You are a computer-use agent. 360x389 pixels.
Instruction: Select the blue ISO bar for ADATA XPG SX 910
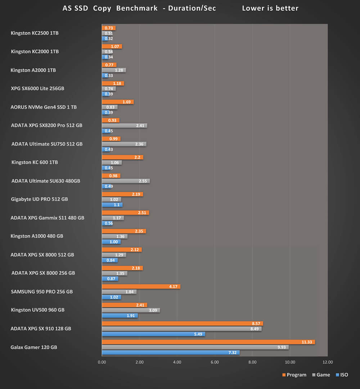pos(153,334)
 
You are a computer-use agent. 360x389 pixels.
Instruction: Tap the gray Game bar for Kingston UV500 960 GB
pos(131,310)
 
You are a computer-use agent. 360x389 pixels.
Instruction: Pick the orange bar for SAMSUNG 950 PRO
pos(141,287)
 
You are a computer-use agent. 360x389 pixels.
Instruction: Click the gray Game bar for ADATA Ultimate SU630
pos(126,181)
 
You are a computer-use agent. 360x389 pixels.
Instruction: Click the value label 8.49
pos(255,329)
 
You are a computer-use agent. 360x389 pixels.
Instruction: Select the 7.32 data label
pos(232,353)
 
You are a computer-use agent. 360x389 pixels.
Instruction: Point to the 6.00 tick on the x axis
pos(215,362)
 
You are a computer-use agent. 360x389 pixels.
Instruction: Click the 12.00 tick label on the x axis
pos(328,362)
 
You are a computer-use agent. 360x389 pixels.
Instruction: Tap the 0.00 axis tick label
pos(102,362)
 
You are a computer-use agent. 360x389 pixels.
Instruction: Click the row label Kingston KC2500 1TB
pos(35,33)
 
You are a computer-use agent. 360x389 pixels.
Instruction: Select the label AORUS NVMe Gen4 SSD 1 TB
pos(44,107)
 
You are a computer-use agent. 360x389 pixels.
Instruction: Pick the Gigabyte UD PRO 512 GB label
pos(40,199)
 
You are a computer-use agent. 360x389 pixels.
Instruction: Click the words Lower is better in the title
pos(270,8)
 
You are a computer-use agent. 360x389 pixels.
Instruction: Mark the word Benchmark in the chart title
pos(137,8)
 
